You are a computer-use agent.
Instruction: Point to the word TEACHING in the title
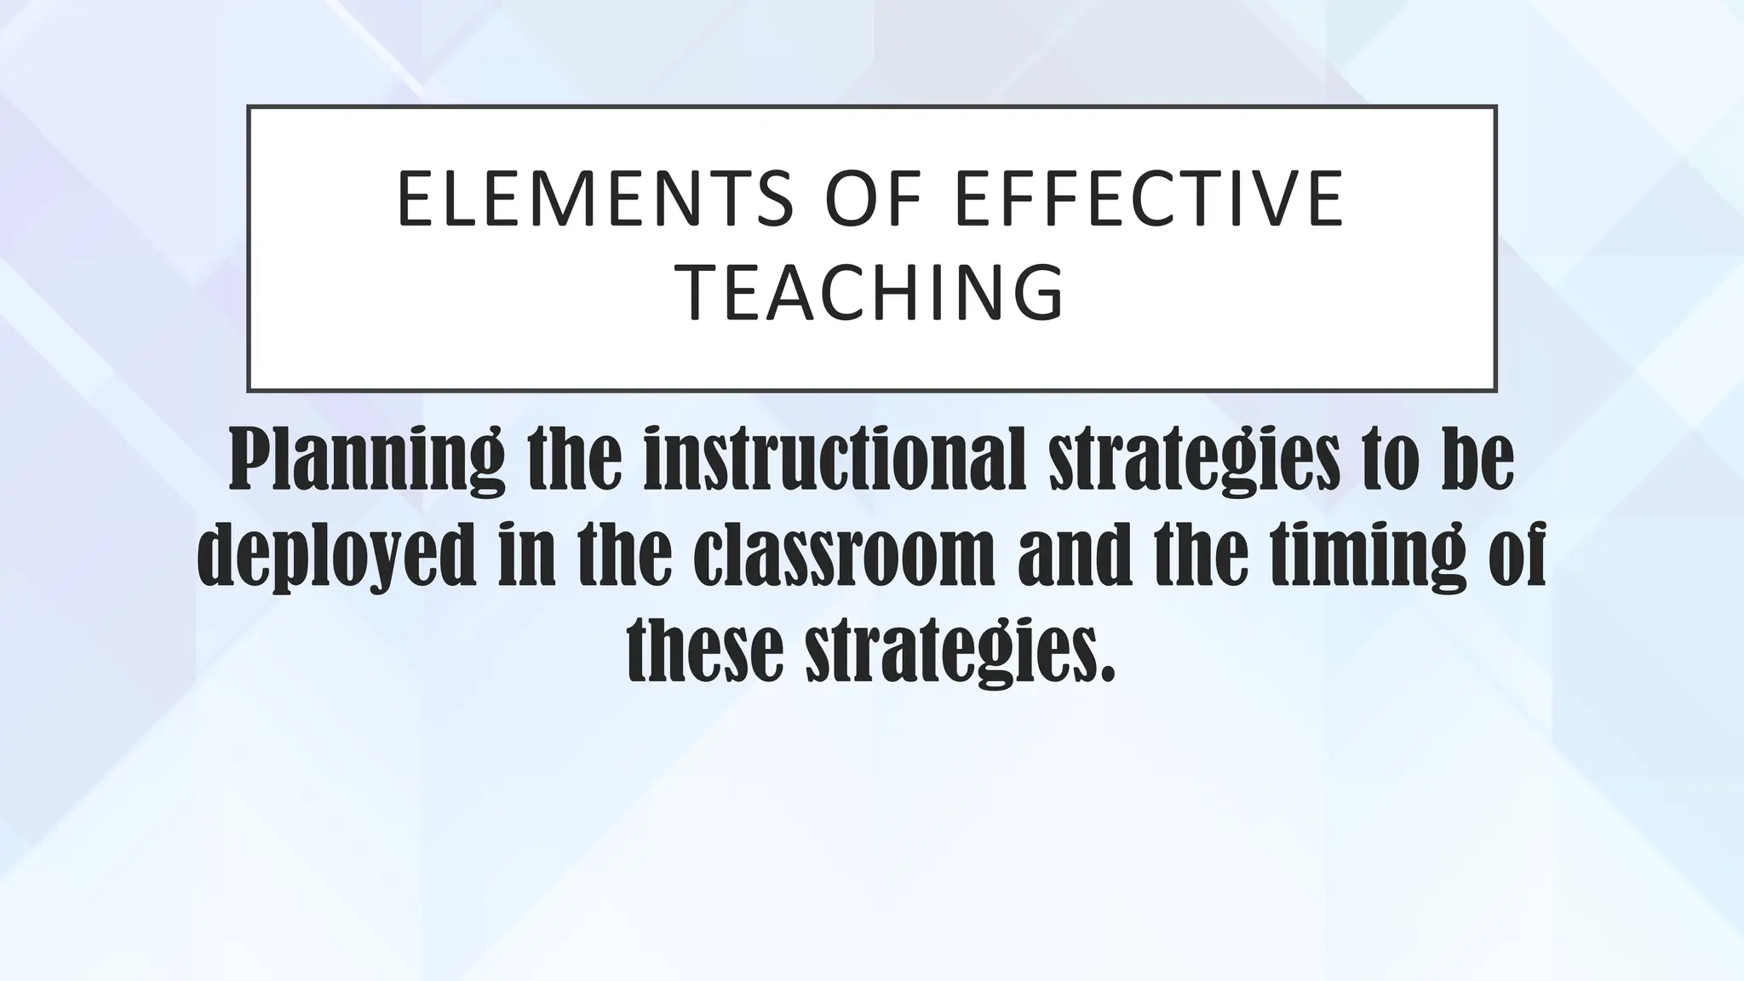point(874,292)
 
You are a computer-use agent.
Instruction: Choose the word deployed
point(336,558)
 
